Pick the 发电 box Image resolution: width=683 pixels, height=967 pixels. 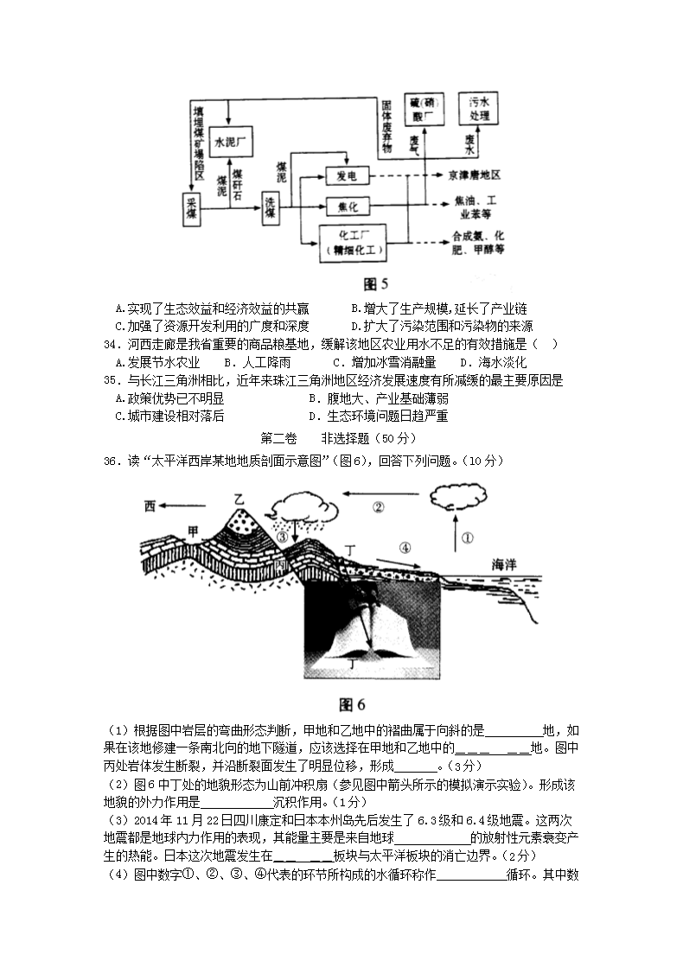click(x=348, y=176)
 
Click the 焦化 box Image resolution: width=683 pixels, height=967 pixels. click(x=348, y=207)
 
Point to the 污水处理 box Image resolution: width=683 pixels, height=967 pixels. click(x=480, y=109)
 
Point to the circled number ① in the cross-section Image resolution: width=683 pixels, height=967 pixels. click(x=467, y=538)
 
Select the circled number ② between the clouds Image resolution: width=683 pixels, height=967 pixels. click(x=378, y=507)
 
